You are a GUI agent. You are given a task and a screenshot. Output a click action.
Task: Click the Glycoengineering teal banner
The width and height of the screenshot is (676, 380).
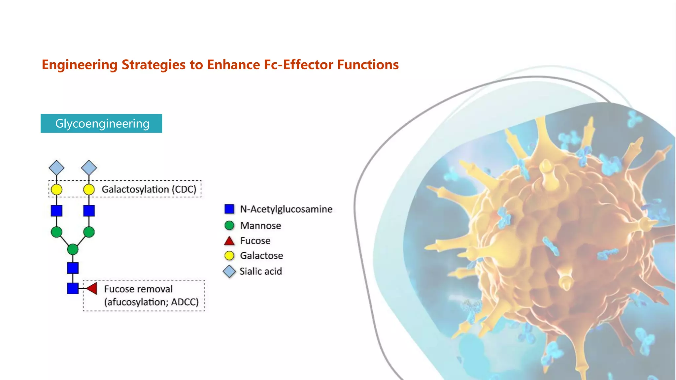(x=101, y=123)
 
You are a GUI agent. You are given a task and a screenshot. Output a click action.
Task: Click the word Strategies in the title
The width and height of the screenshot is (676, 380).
(x=153, y=65)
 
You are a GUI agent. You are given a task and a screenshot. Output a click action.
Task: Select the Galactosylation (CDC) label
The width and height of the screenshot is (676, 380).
(x=149, y=189)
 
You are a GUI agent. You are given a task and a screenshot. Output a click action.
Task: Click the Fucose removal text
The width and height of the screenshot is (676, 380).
(x=138, y=289)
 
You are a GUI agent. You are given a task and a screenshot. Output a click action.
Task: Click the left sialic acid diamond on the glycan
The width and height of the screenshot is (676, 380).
(x=56, y=168)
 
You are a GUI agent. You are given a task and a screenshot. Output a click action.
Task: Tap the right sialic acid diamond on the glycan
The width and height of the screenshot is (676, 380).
(x=89, y=168)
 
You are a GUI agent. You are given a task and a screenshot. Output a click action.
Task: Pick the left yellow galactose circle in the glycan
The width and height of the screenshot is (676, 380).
(x=56, y=190)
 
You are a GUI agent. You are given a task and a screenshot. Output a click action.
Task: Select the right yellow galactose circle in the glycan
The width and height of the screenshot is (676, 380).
(x=89, y=190)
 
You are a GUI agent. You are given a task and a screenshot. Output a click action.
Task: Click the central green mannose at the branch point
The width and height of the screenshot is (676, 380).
(x=73, y=249)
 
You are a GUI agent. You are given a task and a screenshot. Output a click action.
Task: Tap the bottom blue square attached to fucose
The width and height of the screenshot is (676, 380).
(x=73, y=288)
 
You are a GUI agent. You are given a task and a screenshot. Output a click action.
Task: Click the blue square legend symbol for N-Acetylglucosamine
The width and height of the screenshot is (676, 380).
(x=229, y=209)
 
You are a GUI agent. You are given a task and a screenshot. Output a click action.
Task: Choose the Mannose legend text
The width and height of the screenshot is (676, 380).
(x=260, y=226)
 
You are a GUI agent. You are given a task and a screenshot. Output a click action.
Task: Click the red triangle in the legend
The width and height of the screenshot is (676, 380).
(x=229, y=241)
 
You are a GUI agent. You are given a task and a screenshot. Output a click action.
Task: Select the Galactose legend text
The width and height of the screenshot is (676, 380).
(x=261, y=256)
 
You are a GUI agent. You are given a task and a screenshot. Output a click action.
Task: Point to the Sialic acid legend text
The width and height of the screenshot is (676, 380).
(x=260, y=271)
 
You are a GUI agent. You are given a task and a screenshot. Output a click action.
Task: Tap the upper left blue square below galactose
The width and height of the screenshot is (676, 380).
(x=56, y=210)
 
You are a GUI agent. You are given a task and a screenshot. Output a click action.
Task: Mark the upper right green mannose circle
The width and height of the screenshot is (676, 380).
(x=89, y=232)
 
